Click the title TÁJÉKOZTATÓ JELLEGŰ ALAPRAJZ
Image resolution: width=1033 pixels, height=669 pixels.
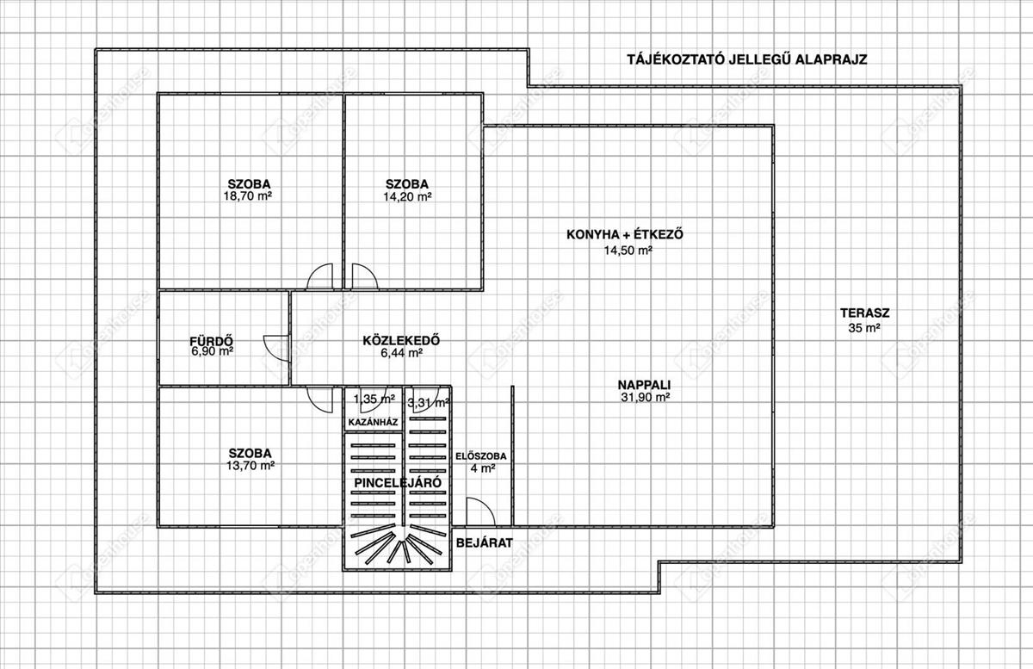tap(745, 59)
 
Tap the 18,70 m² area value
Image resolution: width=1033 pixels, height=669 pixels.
tap(250, 196)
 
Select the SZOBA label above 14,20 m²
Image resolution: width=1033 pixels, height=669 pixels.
tap(407, 183)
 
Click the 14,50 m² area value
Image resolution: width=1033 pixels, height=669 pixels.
tap(628, 251)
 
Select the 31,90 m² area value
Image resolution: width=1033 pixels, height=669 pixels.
tap(645, 398)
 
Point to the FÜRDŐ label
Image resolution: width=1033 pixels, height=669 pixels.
tap(212, 339)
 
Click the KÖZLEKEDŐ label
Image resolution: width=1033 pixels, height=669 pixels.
tap(402, 339)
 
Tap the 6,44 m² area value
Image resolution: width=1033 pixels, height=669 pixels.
tap(401, 353)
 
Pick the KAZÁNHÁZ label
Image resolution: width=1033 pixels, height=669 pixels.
tap(372, 423)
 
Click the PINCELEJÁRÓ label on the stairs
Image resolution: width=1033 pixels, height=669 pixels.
tap(399, 483)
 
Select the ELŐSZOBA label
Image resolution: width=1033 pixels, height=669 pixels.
tap(482, 455)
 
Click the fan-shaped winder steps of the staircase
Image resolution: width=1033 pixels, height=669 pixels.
tap(398, 549)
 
